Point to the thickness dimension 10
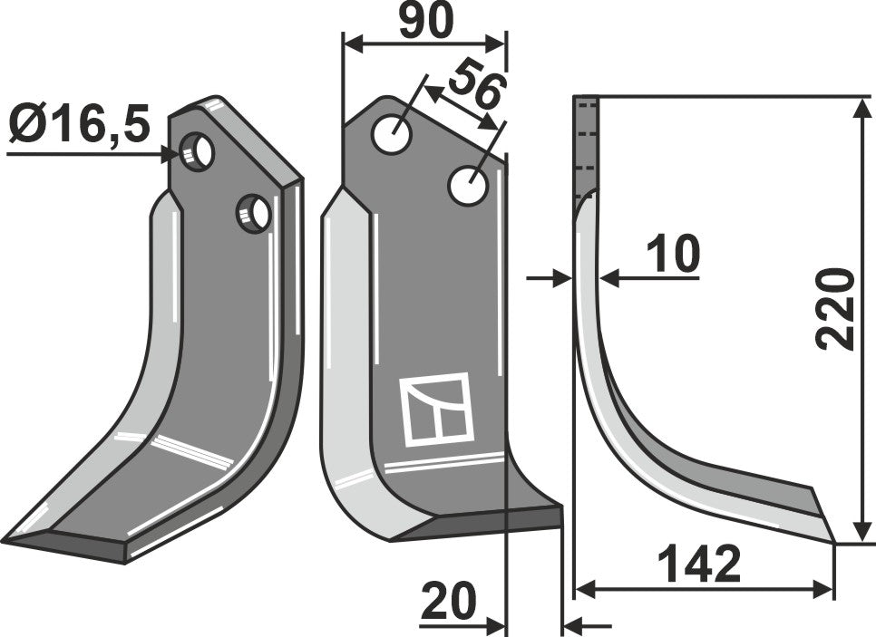(674, 256)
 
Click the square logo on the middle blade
(435, 410)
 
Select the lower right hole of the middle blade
(469, 186)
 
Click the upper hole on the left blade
(197, 151)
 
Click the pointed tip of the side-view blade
(832, 541)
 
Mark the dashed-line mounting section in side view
(587, 145)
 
